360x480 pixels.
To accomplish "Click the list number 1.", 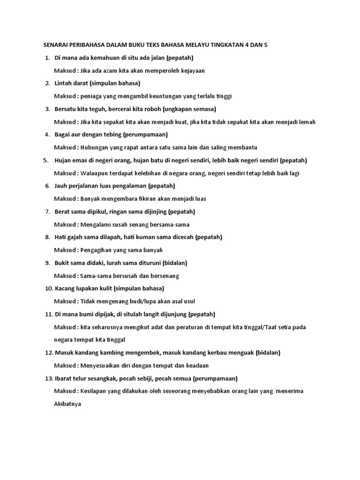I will (x=47, y=58).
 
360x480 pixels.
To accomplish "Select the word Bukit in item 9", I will (x=63, y=263).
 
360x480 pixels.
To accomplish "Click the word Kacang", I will (x=66, y=288).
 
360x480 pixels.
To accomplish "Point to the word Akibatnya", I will (x=68, y=404).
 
